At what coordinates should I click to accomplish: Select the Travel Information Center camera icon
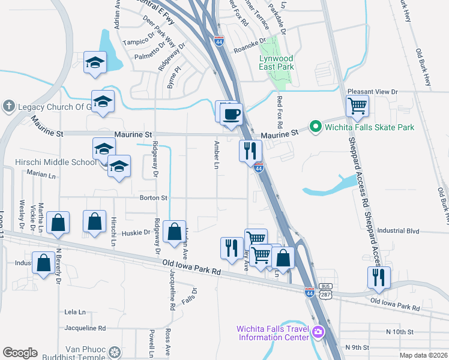click(318, 331)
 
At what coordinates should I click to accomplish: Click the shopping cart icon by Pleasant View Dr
click(357, 107)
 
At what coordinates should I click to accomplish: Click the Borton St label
click(153, 197)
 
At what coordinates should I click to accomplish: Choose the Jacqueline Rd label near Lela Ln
click(85, 328)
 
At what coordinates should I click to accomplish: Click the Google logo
click(20, 353)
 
